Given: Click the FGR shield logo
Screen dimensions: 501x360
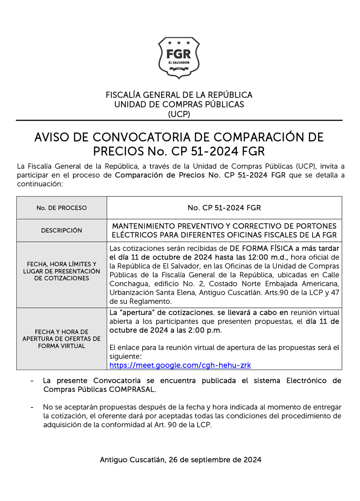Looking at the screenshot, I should coord(179,58).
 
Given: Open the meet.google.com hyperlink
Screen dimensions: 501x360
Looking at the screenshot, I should coord(180,365).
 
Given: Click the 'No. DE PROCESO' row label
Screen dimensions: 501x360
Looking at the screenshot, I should coord(61,208).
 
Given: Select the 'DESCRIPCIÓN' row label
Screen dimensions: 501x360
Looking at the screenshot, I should coord(61,231).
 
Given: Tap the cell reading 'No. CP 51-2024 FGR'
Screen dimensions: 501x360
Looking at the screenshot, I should coord(224,208).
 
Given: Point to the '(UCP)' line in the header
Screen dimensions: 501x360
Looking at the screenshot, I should coord(179,114).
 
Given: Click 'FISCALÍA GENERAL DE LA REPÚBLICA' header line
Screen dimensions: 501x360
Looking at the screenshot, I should coord(179,95).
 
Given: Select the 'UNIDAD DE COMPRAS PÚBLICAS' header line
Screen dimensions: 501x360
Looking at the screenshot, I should coord(179,104).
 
